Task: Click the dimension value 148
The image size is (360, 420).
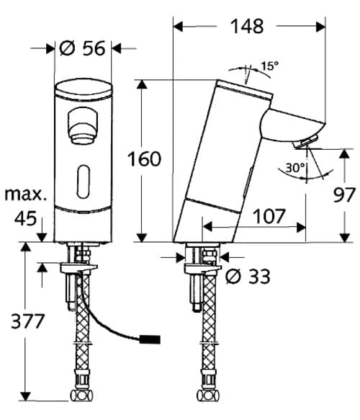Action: pyautogui.click(x=248, y=27)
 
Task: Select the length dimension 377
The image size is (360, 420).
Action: pyautogui.click(x=22, y=321)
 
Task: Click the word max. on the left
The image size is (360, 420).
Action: pyautogui.click(x=24, y=195)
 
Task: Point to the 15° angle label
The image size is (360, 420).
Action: pyautogui.click(x=269, y=66)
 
